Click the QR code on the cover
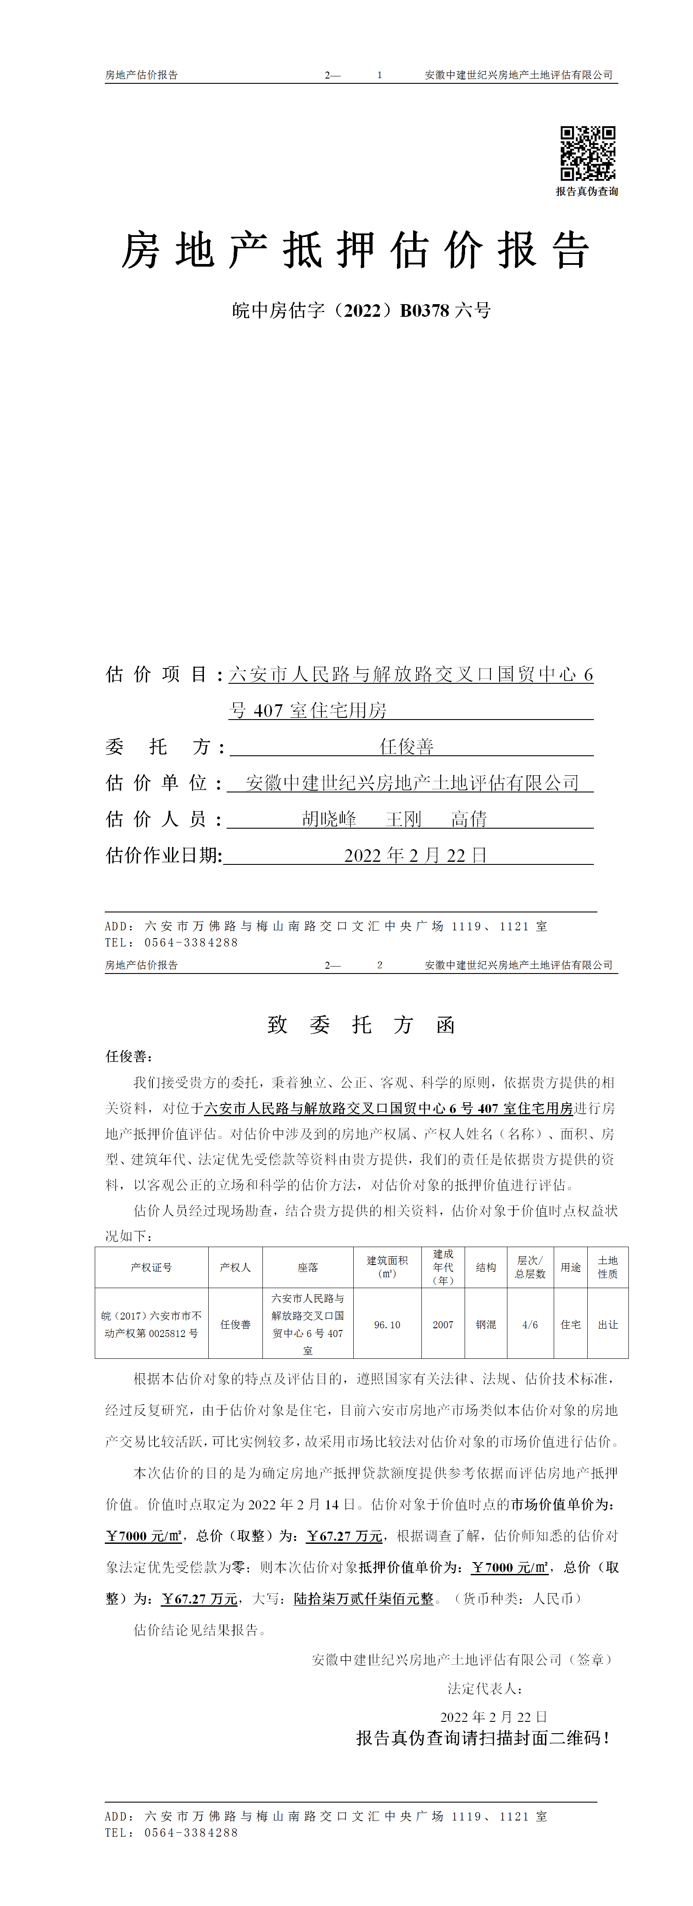587,153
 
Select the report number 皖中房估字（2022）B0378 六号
361,311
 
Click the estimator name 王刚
403,819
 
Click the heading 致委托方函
361,1025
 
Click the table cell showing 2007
443,1324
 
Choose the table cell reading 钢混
486,1324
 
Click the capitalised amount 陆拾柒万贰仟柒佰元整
363,1599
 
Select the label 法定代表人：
486,1688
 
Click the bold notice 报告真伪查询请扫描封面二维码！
483,1738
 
